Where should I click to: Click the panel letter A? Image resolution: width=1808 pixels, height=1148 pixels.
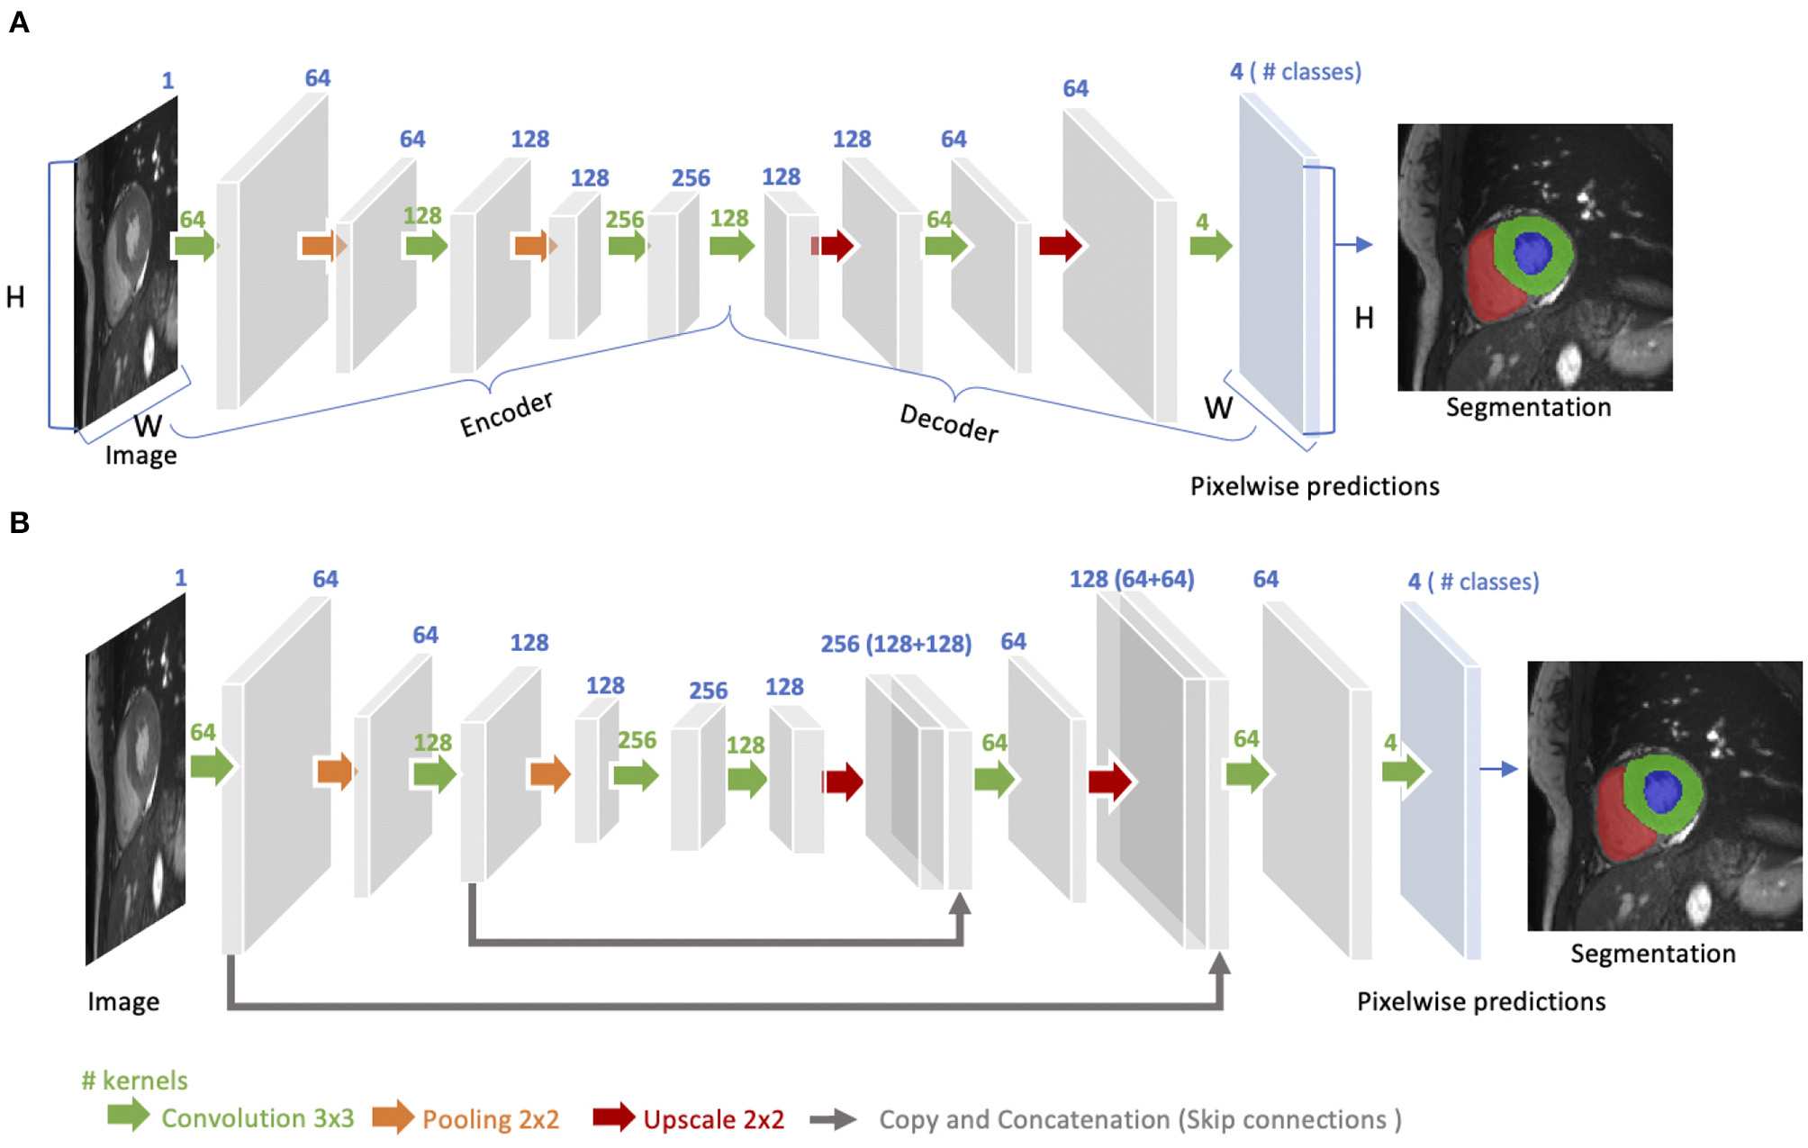pyautogui.click(x=19, y=22)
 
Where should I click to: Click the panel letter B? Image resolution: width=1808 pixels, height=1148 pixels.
pyautogui.click(x=19, y=522)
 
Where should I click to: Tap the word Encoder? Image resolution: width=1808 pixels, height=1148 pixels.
pyautogui.click(x=506, y=414)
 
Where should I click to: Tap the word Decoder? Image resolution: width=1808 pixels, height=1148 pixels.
pyautogui.click(x=949, y=422)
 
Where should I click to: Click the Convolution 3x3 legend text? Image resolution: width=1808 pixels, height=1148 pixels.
pyautogui.click(x=258, y=1118)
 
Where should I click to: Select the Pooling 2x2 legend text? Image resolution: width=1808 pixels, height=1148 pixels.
pyautogui.click(x=491, y=1119)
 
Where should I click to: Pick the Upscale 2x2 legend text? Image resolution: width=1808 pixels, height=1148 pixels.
pyautogui.click(x=713, y=1119)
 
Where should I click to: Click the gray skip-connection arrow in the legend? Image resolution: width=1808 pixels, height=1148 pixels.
pyautogui.click(x=833, y=1119)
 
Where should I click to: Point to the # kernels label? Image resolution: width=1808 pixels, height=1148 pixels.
pyautogui.click(x=134, y=1080)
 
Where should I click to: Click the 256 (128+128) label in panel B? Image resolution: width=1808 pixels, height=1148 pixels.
pyautogui.click(x=896, y=644)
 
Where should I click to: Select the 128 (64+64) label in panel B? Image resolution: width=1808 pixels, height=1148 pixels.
pyautogui.click(x=1132, y=579)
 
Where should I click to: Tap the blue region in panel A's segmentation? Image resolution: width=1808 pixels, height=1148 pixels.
pyautogui.click(x=1532, y=252)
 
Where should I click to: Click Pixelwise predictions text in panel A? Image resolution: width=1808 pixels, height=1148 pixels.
pyautogui.click(x=1315, y=486)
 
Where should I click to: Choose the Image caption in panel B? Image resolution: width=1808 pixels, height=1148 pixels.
pyautogui.click(x=123, y=1001)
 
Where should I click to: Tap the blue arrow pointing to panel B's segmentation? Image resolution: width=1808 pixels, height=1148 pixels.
pyautogui.click(x=1498, y=768)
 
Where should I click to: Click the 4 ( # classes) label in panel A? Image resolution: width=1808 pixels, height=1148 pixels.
pyautogui.click(x=1295, y=72)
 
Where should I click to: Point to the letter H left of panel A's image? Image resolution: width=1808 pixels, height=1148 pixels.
pyautogui.click(x=15, y=297)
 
